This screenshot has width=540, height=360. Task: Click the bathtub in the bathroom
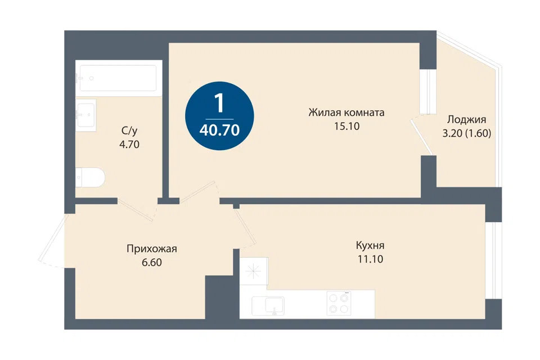point(119,78)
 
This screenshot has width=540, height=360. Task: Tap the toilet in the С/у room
point(89,177)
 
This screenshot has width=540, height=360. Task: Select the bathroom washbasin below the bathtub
point(85,115)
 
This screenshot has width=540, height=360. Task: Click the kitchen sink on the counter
point(268,306)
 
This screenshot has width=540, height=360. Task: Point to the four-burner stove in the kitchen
point(339,304)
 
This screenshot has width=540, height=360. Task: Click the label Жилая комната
point(346,112)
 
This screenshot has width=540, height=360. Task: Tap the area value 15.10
point(346,126)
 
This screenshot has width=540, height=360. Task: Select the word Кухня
point(370,246)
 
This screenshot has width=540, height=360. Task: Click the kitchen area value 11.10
point(370,259)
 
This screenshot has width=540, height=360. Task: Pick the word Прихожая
point(152,249)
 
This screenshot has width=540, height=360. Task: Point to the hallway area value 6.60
point(152,263)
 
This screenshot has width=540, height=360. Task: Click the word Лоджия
point(467,120)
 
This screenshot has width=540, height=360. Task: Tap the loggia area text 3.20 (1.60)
point(467,133)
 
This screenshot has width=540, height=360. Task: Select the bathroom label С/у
point(129,130)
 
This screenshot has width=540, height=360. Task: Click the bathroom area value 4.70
point(129,145)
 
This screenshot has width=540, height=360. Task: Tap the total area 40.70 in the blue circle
point(219,130)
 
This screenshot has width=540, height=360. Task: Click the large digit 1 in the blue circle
point(219,103)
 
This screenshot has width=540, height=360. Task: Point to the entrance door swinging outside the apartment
point(53,238)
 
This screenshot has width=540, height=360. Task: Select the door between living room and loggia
point(422,137)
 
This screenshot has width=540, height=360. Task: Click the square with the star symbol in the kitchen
point(254,271)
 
